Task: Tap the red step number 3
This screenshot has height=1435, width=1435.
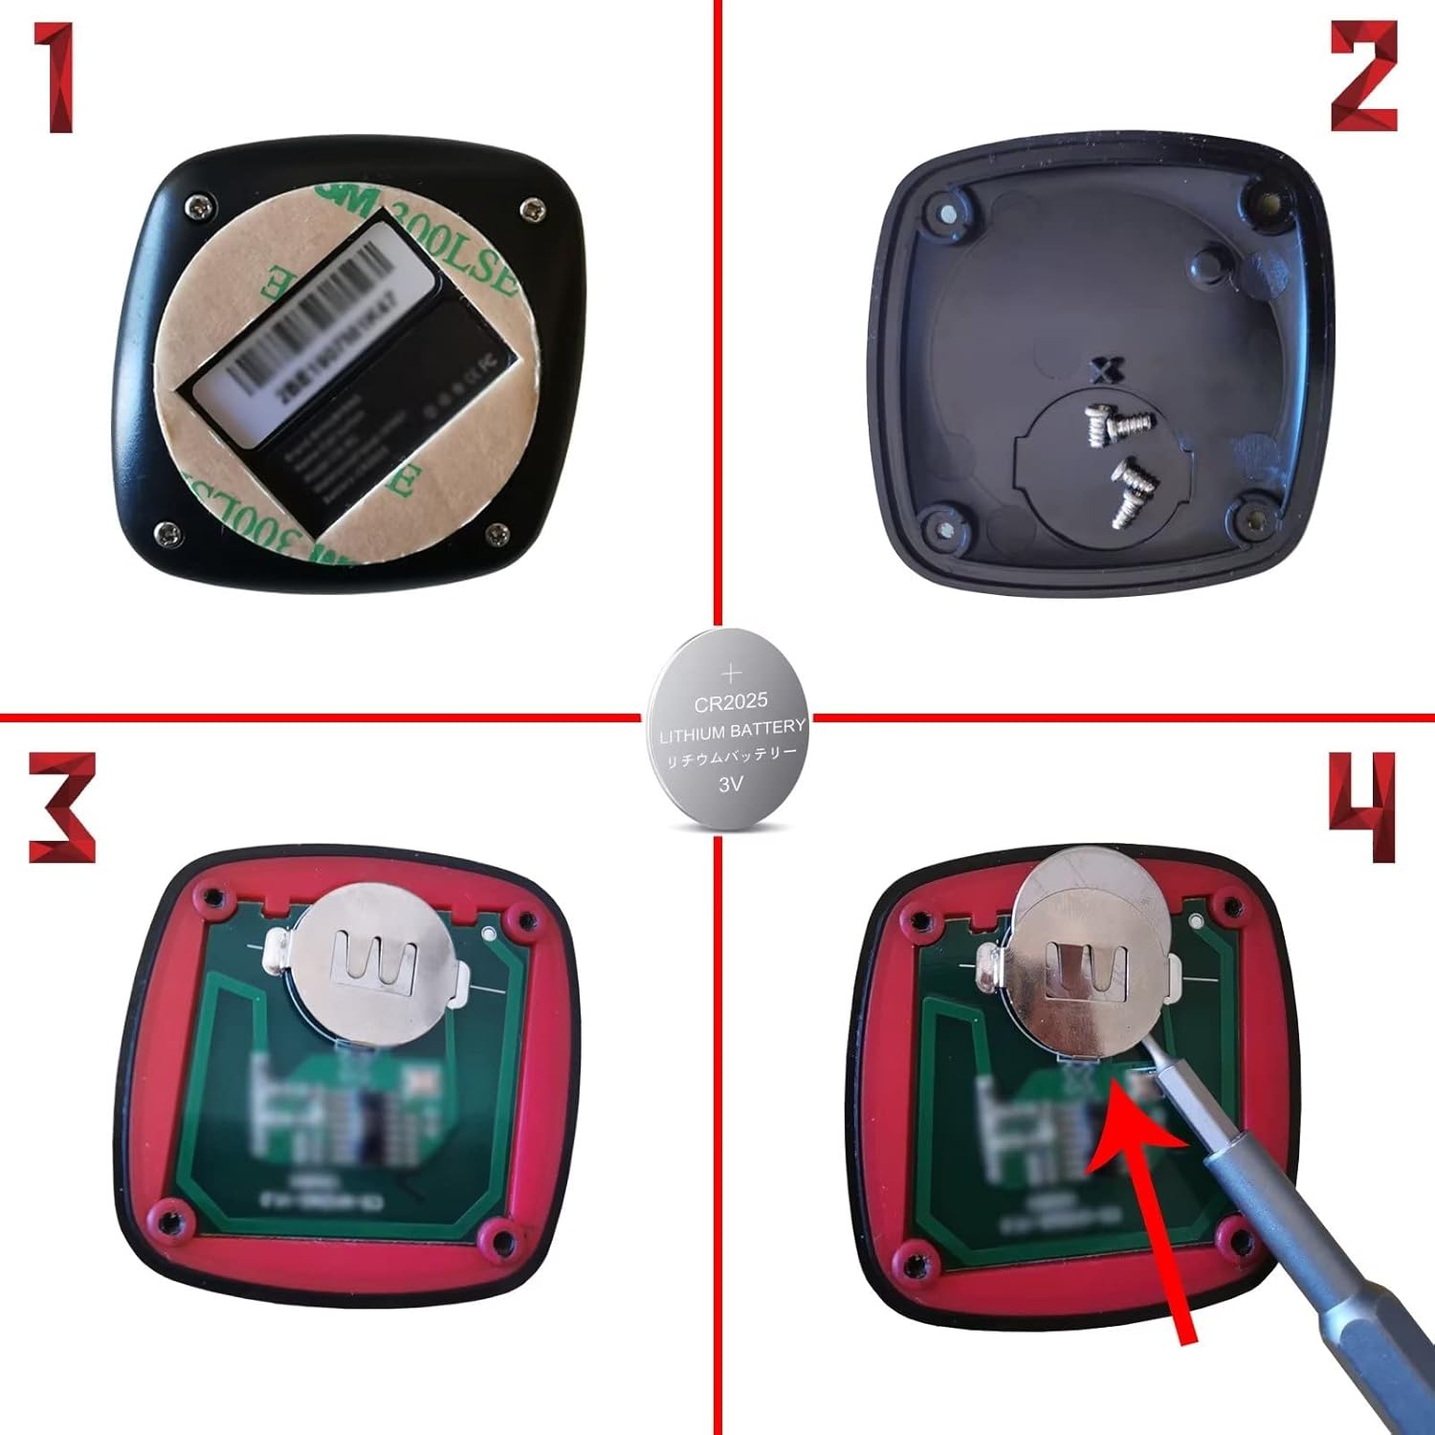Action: pyautogui.click(x=61, y=806)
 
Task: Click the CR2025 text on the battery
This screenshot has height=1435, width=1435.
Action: pyautogui.click(x=731, y=703)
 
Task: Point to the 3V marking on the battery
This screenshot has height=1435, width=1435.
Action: pyautogui.click(x=731, y=784)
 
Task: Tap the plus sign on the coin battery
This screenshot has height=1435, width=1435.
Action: pyautogui.click(x=732, y=673)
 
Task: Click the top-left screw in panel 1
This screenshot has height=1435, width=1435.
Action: pyautogui.click(x=199, y=204)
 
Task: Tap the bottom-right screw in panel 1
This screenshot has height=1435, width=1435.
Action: pyautogui.click(x=497, y=534)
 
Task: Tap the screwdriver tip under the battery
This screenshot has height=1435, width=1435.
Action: pyautogui.click(x=1153, y=1062)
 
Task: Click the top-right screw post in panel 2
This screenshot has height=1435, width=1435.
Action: pyautogui.click(x=1268, y=203)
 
